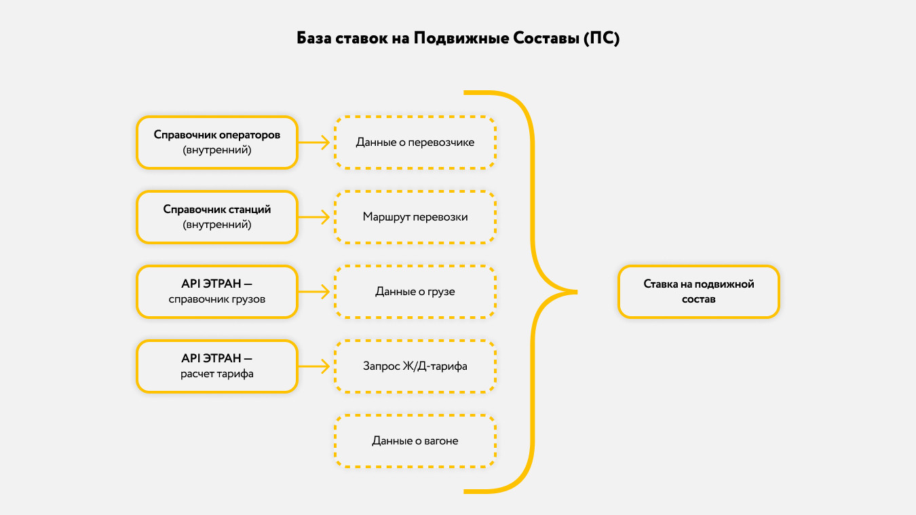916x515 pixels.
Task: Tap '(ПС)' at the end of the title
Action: (x=601, y=38)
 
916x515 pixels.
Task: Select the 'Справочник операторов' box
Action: (x=217, y=142)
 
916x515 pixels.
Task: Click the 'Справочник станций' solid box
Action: (x=217, y=216)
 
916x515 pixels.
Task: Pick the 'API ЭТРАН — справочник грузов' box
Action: (x=217, y=291)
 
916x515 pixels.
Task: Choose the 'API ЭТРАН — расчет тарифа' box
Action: (x=217, y=366)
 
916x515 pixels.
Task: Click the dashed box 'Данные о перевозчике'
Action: (x=415, y=142)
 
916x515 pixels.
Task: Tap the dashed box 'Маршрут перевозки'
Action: (x=415, y=217)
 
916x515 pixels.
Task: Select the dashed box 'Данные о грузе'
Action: (x=415, y=292)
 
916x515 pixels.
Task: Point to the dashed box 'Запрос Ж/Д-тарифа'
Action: (x=415, y=366)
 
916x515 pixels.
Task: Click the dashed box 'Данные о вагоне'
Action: (x=415, y=441)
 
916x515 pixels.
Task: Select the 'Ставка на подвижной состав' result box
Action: (x=699, y=291)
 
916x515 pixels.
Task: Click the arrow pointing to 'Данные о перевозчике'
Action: (x=315, y=142)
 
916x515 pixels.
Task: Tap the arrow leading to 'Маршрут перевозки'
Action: (x=315, y=217)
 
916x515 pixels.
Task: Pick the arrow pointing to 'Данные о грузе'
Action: (x=315, y=292)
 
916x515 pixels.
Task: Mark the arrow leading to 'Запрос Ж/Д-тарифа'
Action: (x=315, y=366)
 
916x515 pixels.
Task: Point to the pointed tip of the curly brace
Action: (x=575, y=292)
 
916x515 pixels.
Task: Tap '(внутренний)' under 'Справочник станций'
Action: (x=217, y=225)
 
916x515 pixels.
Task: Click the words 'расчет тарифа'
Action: (x=217, y=374)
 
